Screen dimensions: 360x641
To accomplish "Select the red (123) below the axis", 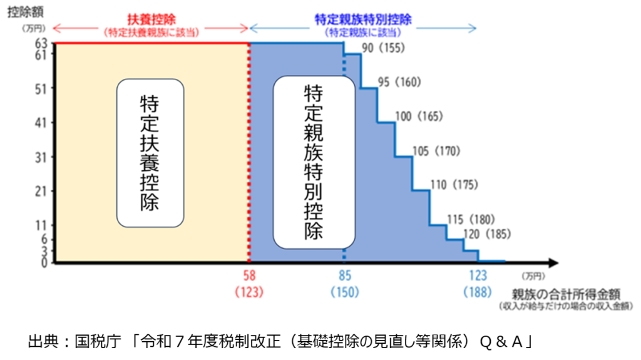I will point(250,291).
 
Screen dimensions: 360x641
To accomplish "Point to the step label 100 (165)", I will point(419,116).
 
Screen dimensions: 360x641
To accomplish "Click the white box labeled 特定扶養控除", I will point(150,152).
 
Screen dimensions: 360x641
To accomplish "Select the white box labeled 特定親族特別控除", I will point(314,161).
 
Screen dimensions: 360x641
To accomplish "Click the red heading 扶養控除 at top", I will point(150,19).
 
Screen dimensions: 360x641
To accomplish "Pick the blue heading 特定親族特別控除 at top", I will point(363,19).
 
